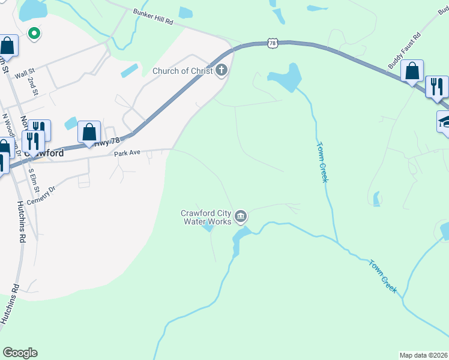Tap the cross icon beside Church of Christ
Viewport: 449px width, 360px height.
pos(221,71)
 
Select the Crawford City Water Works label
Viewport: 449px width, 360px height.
pos(206,217)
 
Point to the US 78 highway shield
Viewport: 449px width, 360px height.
pos(273,43)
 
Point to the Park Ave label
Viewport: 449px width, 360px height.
pos(127,153)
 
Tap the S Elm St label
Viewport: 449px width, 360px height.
pos(35,179)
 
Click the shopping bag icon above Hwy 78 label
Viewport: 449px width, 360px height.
pos(89,132)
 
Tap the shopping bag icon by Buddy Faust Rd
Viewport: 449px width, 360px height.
pos(412,71)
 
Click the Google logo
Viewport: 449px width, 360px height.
pos(20,353)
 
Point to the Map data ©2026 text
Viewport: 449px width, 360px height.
pos(423,355)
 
